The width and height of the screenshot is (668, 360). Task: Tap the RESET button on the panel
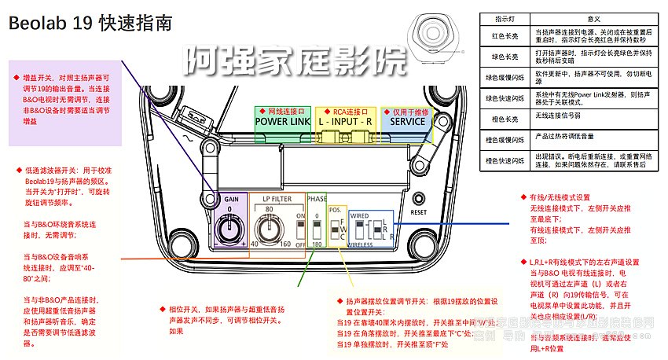(x=418, y=197)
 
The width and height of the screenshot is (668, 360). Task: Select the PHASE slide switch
(x=317, y=230)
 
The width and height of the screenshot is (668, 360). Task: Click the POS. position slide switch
(x=335, y=230)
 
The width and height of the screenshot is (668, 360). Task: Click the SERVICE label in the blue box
(x=407, y=122)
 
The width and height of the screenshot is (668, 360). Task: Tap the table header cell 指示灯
(x=504, y=18)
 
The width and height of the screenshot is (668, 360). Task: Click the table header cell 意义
(x=593, y=18)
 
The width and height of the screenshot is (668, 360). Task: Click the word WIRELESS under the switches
(x=360, y=244)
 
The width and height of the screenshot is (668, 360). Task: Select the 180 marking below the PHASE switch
(x=316, y=244)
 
